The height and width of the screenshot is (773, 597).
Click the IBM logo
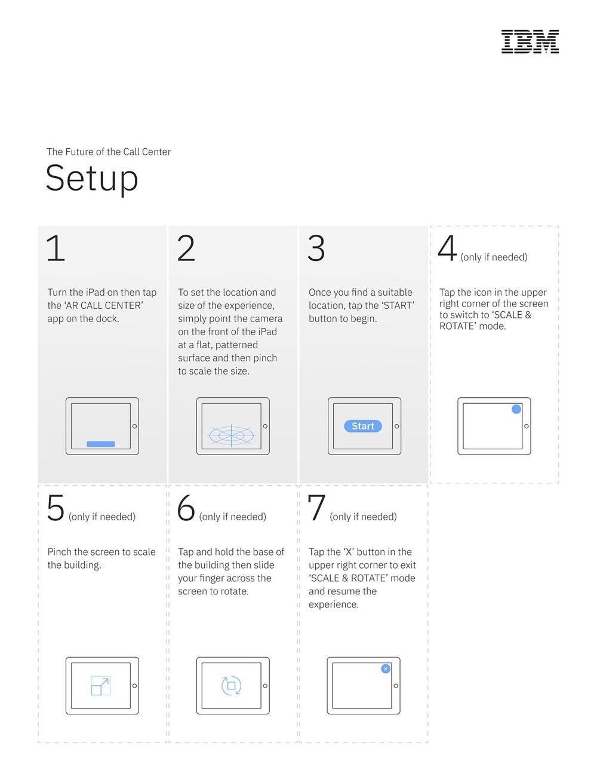click(530, 42)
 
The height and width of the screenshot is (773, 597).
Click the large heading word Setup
click(92, 179)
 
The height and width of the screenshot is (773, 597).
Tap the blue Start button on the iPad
click(363, 426)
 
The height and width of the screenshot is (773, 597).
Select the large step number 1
click(56, 248)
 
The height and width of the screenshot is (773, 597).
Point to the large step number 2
click(186, 248)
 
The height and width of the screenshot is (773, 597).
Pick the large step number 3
click(316, 249)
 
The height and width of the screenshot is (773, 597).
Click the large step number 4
click(447, 248)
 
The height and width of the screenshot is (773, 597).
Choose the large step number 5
click(56, 508)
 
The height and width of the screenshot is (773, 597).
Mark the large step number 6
click(186, 508)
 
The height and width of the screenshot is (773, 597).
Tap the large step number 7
click(316, 508)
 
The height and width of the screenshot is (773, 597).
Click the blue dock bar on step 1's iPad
click(101, 444)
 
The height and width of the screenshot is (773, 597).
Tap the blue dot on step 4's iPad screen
click(516, 409)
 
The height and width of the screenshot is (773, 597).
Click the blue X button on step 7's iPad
click(386, 669)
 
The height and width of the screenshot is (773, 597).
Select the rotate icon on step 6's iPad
click(232, 686)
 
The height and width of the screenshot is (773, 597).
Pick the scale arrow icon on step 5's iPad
click(101, 686)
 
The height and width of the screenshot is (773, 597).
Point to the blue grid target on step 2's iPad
click(232, 435)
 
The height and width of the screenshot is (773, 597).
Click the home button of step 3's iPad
click(397, 426)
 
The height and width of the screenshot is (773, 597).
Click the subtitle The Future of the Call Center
click(109, 152)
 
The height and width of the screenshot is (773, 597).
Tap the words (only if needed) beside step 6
click(233, 517)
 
